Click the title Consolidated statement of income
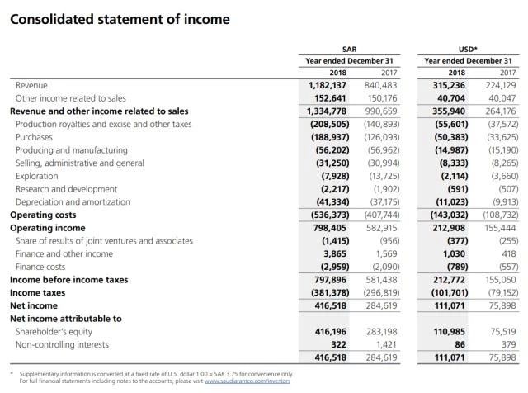(x=119, y=18)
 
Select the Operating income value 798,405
(x=328, y=228)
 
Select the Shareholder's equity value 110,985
(x=447, y=331)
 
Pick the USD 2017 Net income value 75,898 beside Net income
(x=499, y=305)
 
